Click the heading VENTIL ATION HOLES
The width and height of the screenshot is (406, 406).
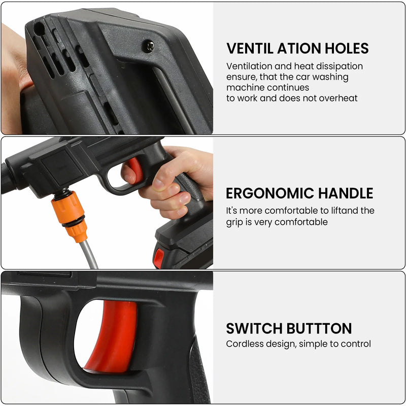[297, 49]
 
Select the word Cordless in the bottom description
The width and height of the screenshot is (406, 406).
[243, 344]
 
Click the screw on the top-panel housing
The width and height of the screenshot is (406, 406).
[148, 46]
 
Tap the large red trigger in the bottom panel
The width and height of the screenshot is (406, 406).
[112, 335]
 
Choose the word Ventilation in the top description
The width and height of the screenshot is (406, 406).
[250, 66]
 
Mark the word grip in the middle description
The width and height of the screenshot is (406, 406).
[235, 222]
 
